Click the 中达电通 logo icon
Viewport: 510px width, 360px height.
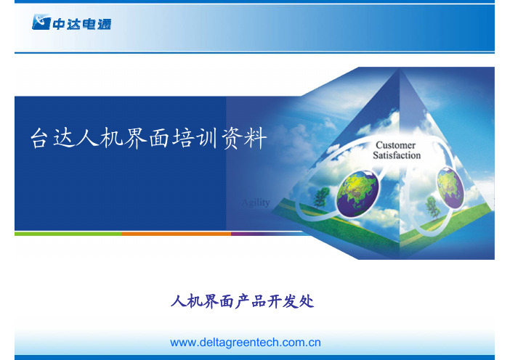pos(41,22)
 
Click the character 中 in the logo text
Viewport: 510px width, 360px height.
pos(59,24)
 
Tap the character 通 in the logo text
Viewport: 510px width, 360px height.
pos(104,24)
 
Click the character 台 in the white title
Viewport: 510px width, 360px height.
pos(40,138)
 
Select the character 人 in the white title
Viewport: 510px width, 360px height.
pos(87,138)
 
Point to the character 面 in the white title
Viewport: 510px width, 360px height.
pos(159,138)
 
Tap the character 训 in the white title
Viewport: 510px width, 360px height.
pos(207,138)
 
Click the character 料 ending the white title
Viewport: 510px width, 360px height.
pos(256,138)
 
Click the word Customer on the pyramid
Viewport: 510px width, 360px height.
pos(395,145)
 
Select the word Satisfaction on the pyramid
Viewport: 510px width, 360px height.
pos(397,155)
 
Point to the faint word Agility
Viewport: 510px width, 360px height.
pos(256,202)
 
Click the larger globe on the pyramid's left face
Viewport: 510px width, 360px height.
pos(357,192)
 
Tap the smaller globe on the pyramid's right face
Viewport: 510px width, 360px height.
pos(450,188)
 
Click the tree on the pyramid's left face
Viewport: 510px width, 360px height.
pos(321,197)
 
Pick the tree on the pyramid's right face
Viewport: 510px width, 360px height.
pos(432,208)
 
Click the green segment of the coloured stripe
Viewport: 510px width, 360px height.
pos(68,234)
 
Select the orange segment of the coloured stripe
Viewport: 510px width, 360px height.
pos(177,234)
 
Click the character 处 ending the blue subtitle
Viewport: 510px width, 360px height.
pos(306,301)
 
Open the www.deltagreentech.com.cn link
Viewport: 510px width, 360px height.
pos(246,343)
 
